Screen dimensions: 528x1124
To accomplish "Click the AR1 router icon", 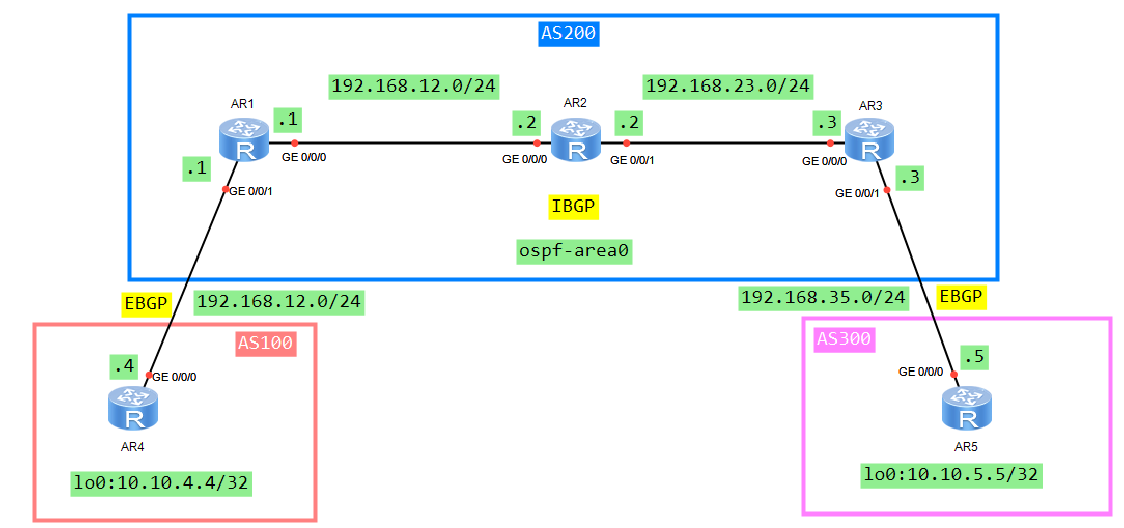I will pos(244,140).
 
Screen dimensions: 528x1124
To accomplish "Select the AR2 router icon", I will pos(575,140).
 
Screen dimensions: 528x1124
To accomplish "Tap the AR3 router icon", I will pos(869,140).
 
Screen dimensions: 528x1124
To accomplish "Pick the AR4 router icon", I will pos(133,409).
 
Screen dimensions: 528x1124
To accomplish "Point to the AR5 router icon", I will pos(966,409).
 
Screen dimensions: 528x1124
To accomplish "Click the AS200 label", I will pos(568,34).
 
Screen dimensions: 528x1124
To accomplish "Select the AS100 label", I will pos(265,344).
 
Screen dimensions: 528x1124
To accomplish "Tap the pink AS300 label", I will pos(844,339).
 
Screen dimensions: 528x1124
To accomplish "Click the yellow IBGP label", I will pos(573,207).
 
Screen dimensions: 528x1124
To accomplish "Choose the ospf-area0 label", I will pos(574,251).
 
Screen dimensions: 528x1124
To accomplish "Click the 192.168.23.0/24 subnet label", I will pos(728,86).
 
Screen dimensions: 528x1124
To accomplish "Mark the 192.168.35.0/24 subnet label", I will pos(823,298).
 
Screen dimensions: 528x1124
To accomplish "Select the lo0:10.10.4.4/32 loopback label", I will pos(161,483).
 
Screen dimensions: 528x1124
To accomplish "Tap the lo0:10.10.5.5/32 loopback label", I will pos(951,475).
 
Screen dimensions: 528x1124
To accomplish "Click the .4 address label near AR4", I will pos(124,367).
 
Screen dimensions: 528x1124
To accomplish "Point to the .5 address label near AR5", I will pos(974,357).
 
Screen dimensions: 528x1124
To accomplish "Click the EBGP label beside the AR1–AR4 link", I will pos(146,304).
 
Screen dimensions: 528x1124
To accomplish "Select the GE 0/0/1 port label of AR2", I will pos(632,161).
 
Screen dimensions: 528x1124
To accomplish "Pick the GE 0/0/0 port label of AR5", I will pos(920,372).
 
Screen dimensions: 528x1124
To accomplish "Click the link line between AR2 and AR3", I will pos(726,142).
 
